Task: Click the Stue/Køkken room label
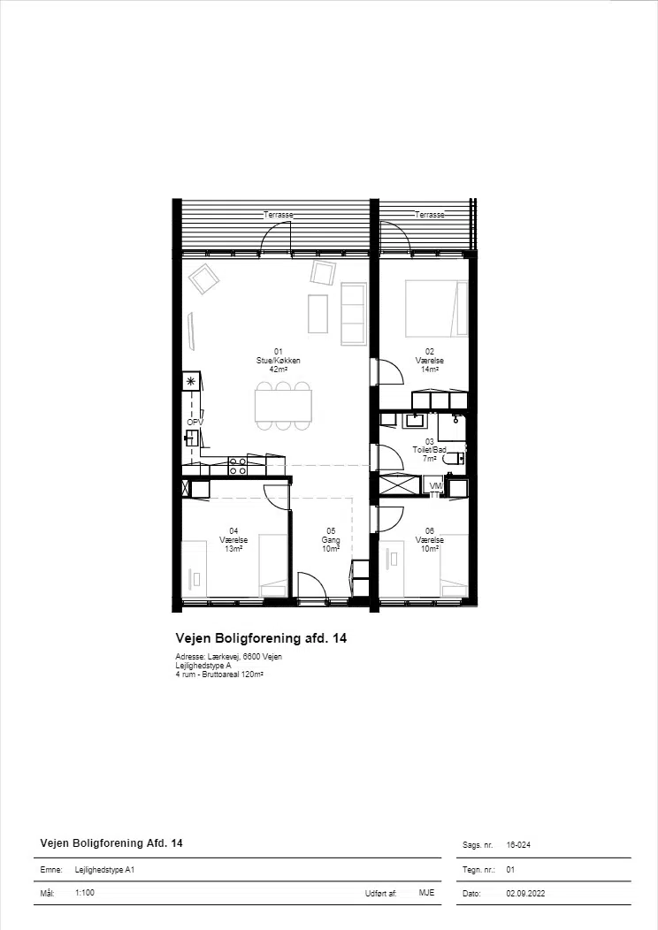279,361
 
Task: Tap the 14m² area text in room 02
430,369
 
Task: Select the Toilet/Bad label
429,450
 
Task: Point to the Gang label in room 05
331,540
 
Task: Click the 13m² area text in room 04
233,549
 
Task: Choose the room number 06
430,531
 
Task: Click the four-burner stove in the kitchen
238,466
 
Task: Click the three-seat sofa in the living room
353,314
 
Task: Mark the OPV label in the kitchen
195,423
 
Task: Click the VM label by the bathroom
436,486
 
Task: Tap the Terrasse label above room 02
430,215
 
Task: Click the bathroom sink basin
414,421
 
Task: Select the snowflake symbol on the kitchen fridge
191,381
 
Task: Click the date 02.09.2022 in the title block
525,893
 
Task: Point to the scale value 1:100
85,892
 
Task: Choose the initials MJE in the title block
426,893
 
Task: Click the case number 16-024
518,844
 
